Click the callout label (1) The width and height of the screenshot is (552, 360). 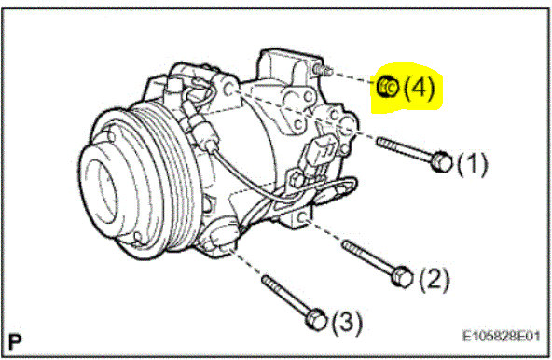(473, 165)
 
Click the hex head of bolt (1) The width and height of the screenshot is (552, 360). (442, 163)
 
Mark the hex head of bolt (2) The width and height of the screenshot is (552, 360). (401, 277)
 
